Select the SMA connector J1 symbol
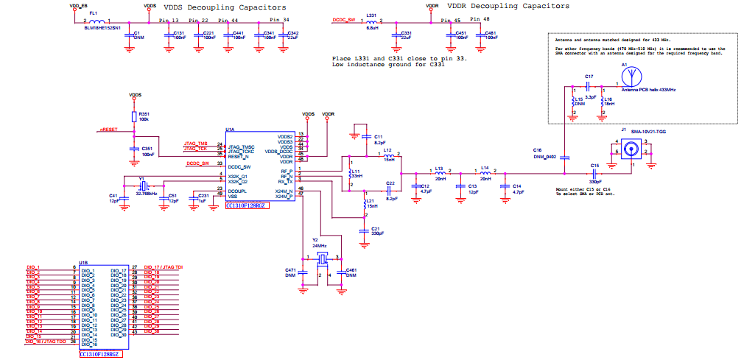point(631,149)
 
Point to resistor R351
point(135,117)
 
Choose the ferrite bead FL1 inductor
point(94,21)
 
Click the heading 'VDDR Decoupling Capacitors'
point(509,6)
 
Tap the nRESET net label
point(108,130)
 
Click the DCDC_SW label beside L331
point(344,21)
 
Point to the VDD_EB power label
point(78,5)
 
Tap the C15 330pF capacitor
point(594,173)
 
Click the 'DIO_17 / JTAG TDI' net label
point(164,267)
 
